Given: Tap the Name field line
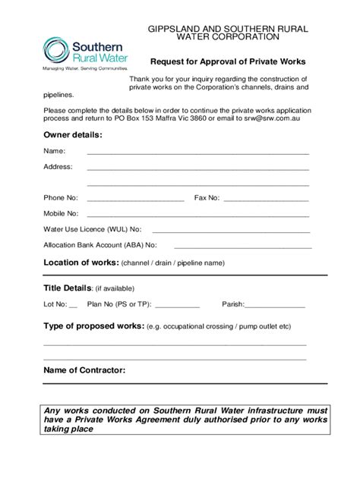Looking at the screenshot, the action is (x=197, y=153).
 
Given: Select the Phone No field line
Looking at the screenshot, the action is (x=136, y=200).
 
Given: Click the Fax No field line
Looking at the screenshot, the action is (x=266, y=200).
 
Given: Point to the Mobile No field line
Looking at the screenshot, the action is (x=197, y=215).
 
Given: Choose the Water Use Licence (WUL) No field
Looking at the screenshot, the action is (x=227, y=231).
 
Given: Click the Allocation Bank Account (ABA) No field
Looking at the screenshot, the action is (x=243, y=247).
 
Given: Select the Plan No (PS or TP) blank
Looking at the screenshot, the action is (x=176, y=306).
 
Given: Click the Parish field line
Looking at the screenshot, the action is (x=274, y=306).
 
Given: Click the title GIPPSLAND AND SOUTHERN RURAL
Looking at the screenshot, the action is (x=228, y=28).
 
